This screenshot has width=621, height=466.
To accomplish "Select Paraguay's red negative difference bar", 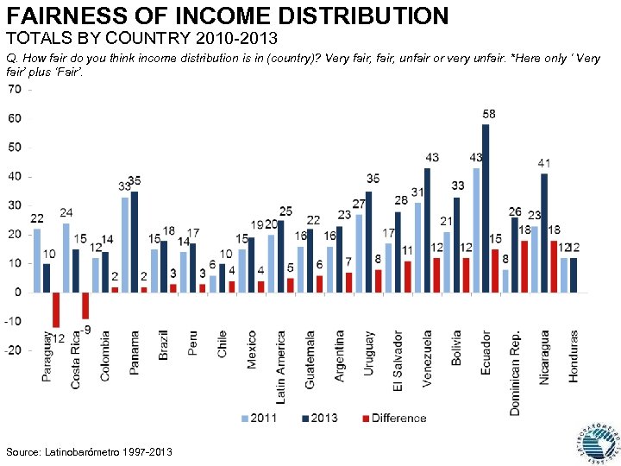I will [56, 309].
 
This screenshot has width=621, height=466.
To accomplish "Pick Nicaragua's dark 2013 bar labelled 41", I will [544, 232].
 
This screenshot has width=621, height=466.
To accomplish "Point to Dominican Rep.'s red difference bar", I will [524, 266].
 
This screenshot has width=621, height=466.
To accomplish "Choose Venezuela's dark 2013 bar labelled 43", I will [427, 230].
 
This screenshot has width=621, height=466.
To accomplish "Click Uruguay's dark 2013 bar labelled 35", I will [368, 241].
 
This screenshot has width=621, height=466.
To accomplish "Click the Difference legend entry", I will [392, 419].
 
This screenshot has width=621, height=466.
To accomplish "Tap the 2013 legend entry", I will [319, 419].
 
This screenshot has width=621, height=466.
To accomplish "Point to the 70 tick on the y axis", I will [16, 89].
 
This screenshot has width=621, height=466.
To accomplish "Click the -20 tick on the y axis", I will [13, 350].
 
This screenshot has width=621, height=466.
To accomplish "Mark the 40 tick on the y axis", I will [16, 176].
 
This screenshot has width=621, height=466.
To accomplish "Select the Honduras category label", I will [574, 355].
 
